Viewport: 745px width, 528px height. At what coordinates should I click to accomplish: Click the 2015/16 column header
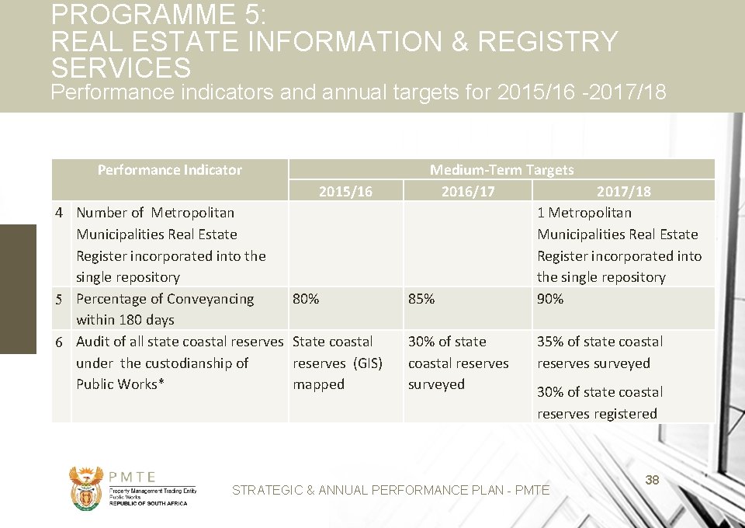pyautogui.click(x=345, y=191)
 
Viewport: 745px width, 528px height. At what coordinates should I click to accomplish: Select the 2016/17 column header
pyautogui.click(x=467, y=191)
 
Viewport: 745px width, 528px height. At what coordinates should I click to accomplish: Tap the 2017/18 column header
pyautogui.click(x=623, y=191)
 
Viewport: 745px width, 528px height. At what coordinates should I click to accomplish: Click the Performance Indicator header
pyautogui.click(x=169, y=170)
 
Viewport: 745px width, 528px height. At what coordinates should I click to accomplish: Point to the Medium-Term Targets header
pyautogui.click(x=501, y=170)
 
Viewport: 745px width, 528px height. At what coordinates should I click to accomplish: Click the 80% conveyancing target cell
pyautogui.click(x=306, y=299)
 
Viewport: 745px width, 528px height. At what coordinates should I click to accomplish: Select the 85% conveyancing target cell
pyautogui.click(x=421, y=299)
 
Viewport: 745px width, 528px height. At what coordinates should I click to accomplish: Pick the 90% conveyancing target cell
pyautogui.click(x=550, y=299)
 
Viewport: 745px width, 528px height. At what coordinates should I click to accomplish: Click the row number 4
pyautogui.click(x=59, y=213)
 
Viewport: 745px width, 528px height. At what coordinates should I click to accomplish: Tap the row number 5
pyautogui.click(x=59, y=300)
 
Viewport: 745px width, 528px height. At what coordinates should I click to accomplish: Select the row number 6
pyautogui.click(x=59, y=342)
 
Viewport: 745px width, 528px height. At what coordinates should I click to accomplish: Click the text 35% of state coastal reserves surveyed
pyautogui.click(x=599, y=352)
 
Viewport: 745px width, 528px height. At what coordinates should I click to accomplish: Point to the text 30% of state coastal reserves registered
pyautogui.click(x=599, y=403)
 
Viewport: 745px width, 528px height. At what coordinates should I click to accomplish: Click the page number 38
pyautogui.click(x=652, y=481)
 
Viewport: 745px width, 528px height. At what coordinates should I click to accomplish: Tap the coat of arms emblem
pyautogui.click(x=86, y=488)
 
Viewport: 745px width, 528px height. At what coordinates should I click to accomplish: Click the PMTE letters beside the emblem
pyautogui.click(x=133, y=478)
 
